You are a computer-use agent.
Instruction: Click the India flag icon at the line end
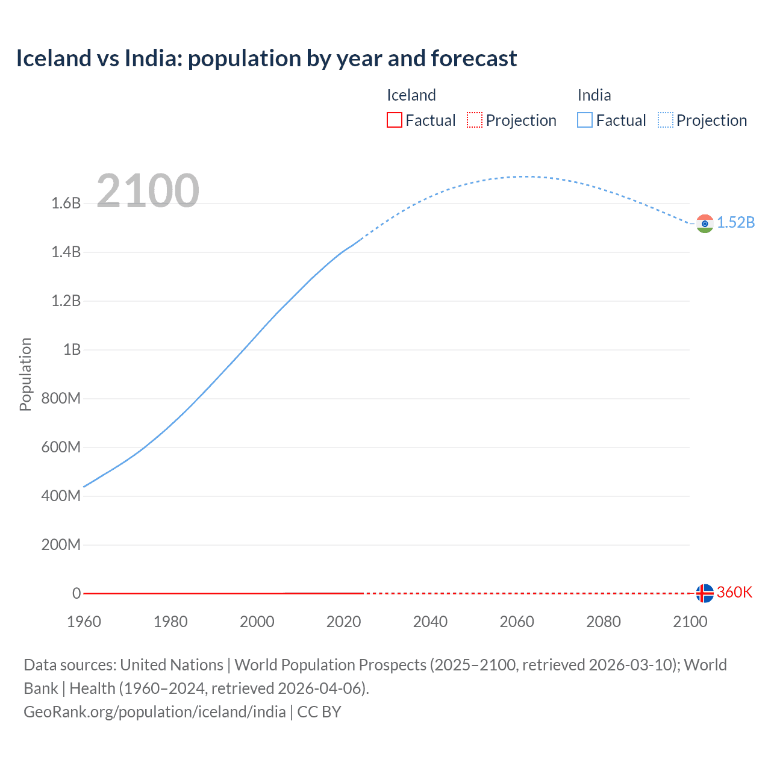pyautogui.click(x=705, y=223)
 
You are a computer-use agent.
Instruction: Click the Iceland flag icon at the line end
pyautogui.click(x=705, y=593)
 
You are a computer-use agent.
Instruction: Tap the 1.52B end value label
pyautogui.click(x=735, y=222)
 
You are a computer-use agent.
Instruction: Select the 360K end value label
pyautogui.click(x=734, y=592)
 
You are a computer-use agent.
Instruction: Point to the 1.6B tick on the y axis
pyautogui.click(x=66, y=203)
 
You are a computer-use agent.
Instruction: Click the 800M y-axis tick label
pyautogui.click(x=61, y=398)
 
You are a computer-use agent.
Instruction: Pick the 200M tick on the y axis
pyautogui.click(x=61, y=545)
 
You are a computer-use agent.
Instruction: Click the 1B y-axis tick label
pyautogui.click(x=72, y=349)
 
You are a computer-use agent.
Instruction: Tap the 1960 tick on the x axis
pyautogui.click(x=84, y=622)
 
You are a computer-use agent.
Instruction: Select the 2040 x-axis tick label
pyautogui.click(x=430, y=622)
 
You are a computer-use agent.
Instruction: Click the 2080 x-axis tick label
pyautogui.click(x=603, y=622)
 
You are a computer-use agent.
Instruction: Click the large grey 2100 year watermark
pyautogui.click(x=148, y=191)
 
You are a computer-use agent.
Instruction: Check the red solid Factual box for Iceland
pyautogui.click(x=395, y=120)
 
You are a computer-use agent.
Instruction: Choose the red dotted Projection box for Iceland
pyautogui.click(x=475, y=120)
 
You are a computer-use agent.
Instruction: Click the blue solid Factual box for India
pyautogui.click(x=585, y=120)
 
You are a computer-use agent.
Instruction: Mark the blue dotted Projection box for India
pyautogui.click(x=665, y=120)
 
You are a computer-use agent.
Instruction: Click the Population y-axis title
pyautogui.click(x=25, y=374)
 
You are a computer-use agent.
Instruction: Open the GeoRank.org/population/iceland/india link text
pyautogui.click(x=155, y=712)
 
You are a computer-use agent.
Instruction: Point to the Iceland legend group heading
pyautogui.click(x=411, y=95)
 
